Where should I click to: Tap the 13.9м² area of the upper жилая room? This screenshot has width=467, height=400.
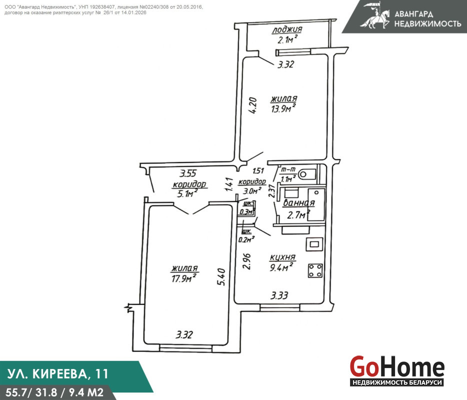[x=283, y=108]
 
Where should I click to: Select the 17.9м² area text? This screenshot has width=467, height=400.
[x=184, y=278]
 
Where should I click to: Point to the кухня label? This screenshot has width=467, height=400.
[x=282, y=257]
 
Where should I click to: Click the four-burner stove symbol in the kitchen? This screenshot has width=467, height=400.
[x=315, y=270]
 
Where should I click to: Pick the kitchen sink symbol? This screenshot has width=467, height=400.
[x=314, y=244]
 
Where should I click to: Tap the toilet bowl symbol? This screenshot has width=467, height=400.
[x=307, y=174]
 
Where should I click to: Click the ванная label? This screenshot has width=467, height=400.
[x=298, y=203]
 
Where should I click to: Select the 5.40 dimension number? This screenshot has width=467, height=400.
[x=221, y=277]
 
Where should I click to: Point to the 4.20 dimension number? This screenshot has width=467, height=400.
[x=252, y=106]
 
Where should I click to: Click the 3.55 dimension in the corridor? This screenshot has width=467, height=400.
[x=188, y=173]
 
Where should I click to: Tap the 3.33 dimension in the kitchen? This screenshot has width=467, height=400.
[x=279, y=295]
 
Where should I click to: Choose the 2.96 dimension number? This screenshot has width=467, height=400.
[x=246, y=261]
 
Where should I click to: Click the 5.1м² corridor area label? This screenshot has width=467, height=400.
[x=187, y=194]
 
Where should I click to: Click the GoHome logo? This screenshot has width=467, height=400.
[x=397, y=370]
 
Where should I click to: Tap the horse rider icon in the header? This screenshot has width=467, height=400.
[x=374, y=15]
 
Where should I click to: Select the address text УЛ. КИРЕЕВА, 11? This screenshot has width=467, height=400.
[x=57, y=374]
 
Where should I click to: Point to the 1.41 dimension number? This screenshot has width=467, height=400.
[x=229, y=184]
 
